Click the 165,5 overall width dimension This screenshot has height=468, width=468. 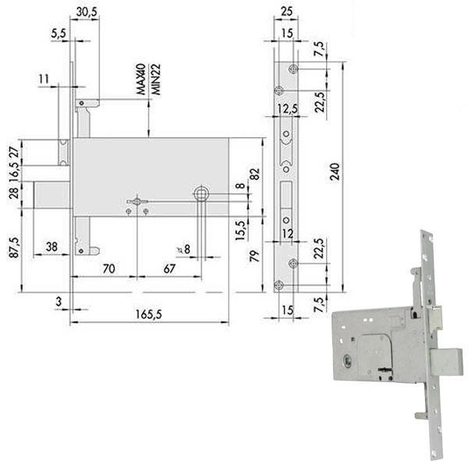[x=148, y=314]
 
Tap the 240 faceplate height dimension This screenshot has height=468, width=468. [x=335, y=172]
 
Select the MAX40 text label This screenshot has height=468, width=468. [x=141, y=79]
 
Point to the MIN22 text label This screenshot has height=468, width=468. [x=156, y=80]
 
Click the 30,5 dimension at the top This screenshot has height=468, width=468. [x=87, y=12]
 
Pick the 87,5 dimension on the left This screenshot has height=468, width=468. [x=14, y=247]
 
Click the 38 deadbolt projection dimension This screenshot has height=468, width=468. [x=51, y=246]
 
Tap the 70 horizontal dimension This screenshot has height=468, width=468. [x=108, y=268]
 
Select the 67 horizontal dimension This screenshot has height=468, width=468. [x=169, y=268]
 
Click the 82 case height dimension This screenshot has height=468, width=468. [x=254, y=174]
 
